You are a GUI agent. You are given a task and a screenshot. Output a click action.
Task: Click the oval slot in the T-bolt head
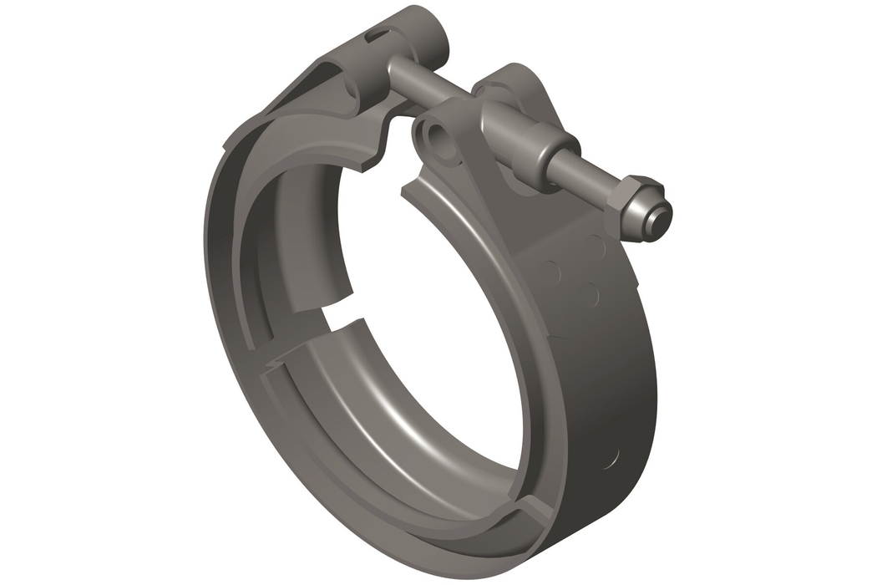point(378,35)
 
